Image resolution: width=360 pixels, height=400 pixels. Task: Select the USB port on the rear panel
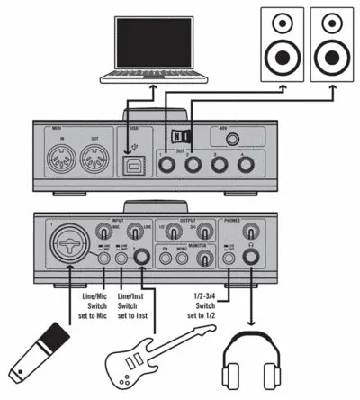(135, 164)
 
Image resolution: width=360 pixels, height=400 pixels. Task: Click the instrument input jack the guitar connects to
(141, 259)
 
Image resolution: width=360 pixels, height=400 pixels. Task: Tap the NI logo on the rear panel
(181, 136)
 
